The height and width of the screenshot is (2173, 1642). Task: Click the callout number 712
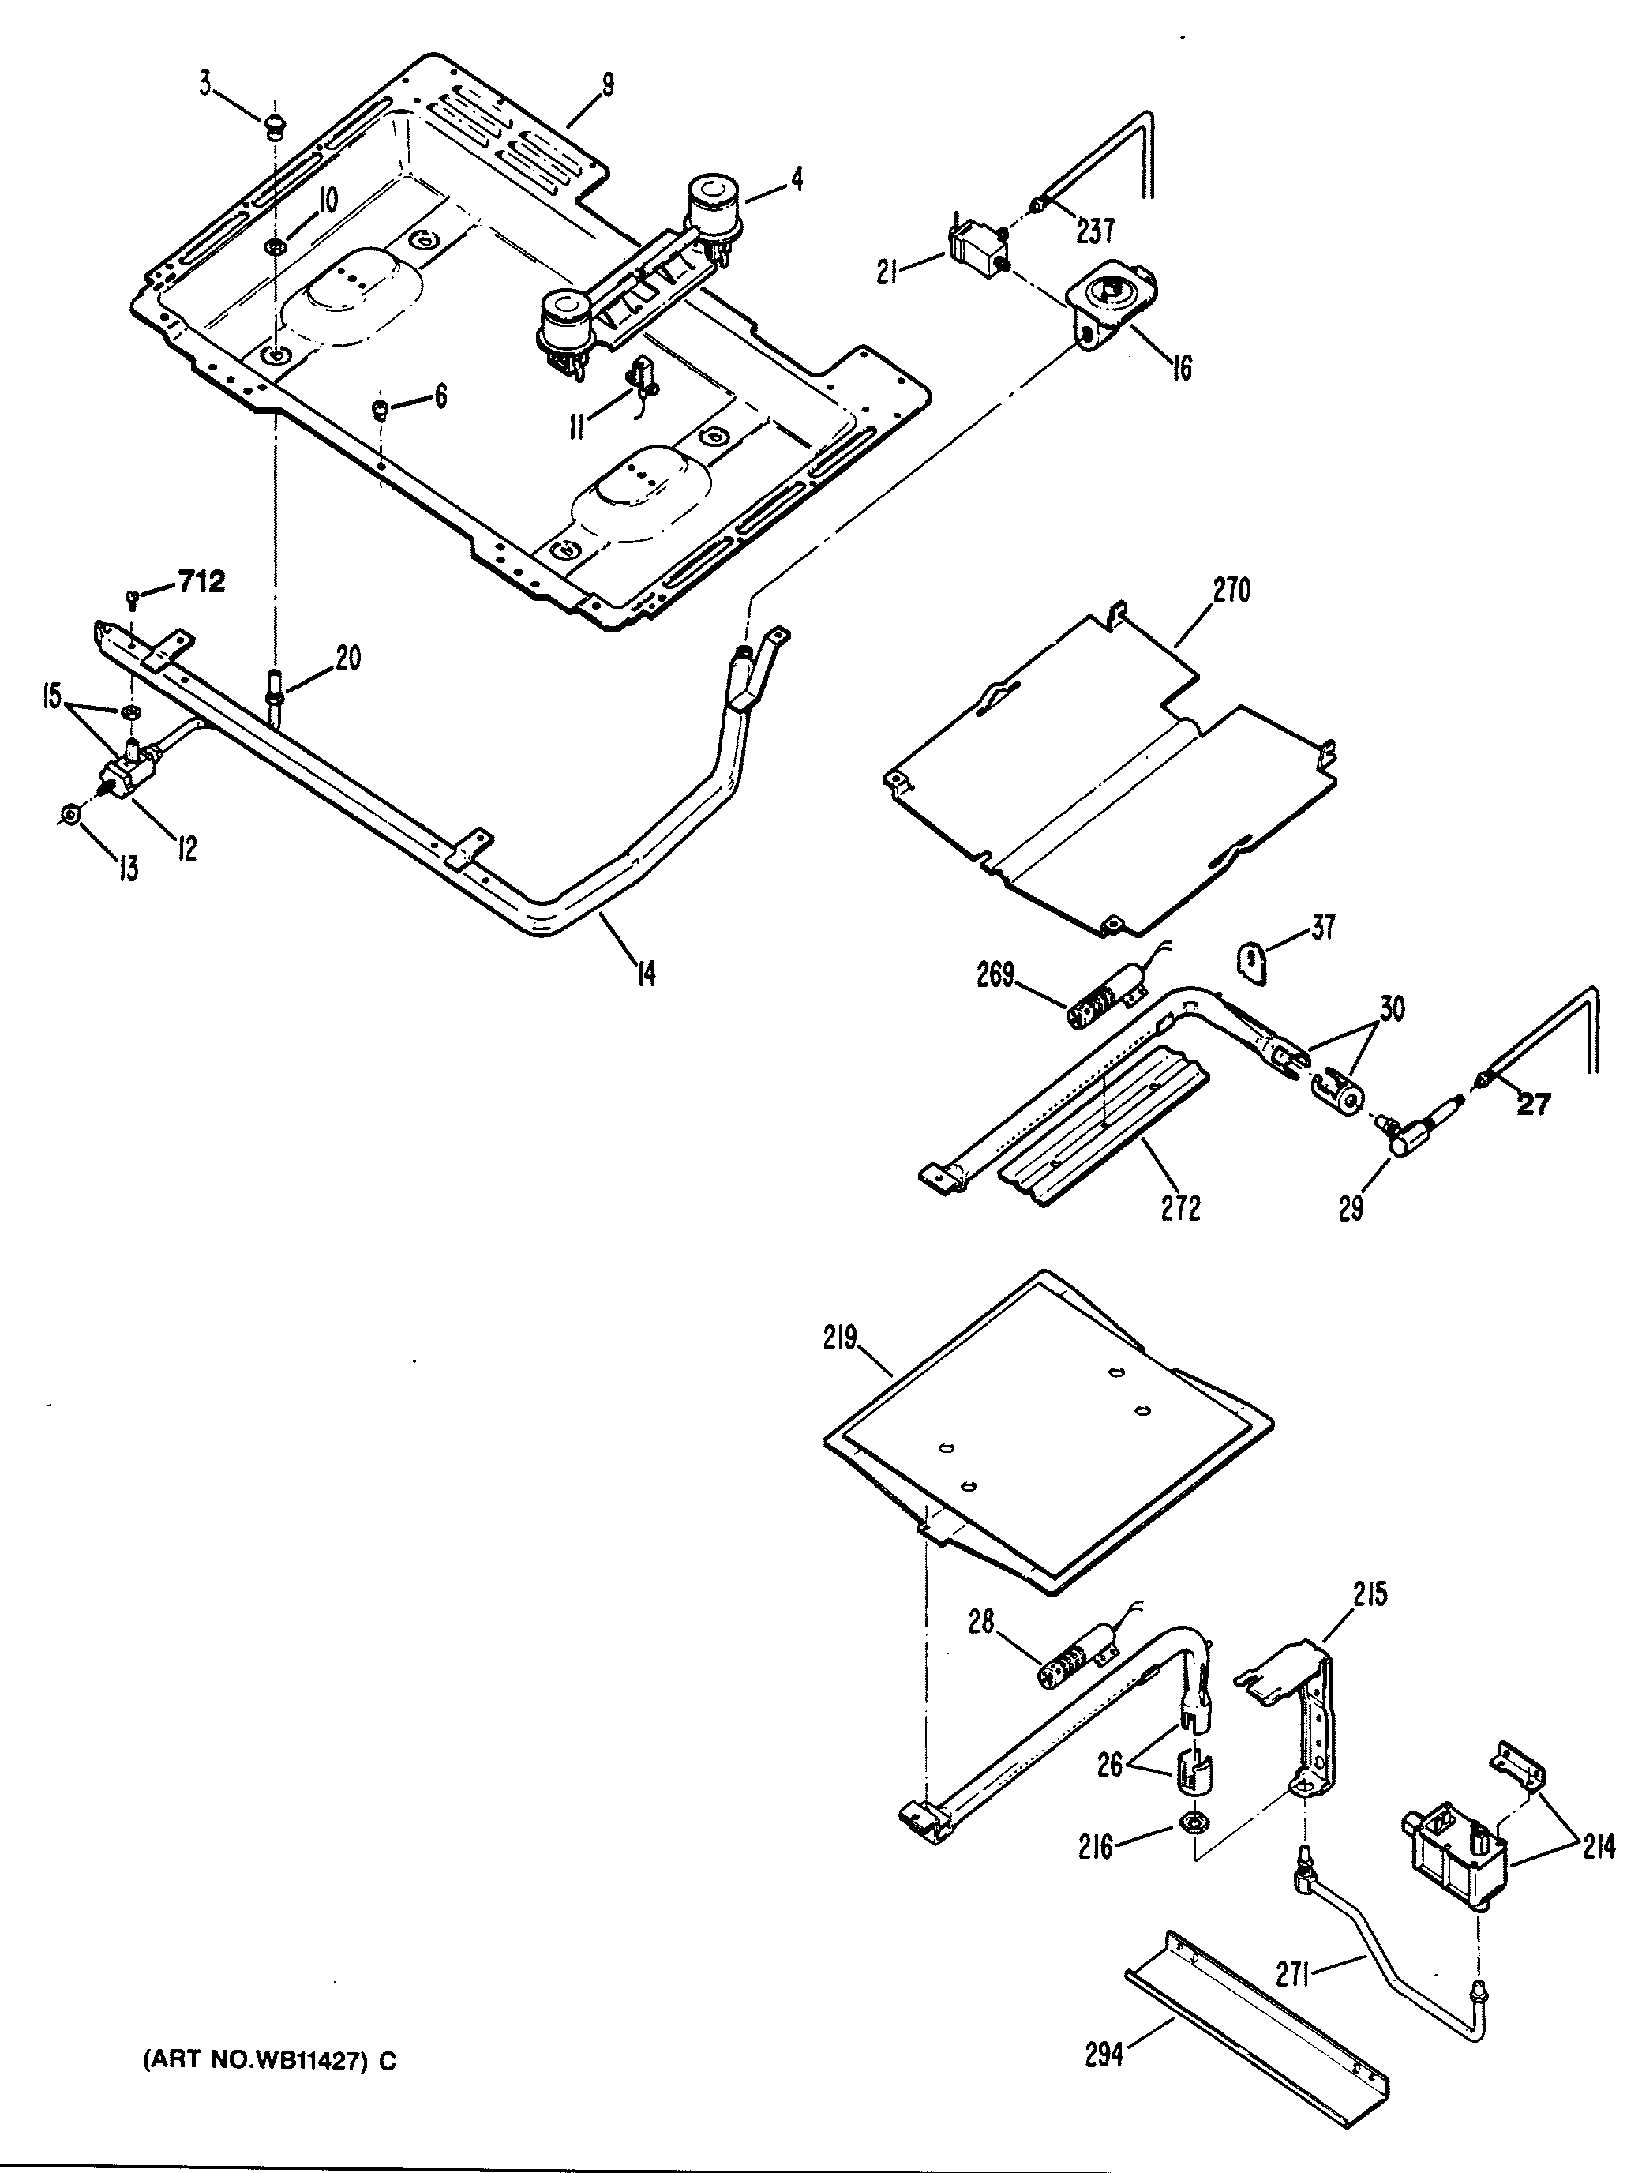pyautogui.click(x=201, y=583)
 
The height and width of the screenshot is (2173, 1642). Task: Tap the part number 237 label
pyautogui.click(x=1095, y=232)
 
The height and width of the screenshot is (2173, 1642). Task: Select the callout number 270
pyautogui.click(x=1231, y=591)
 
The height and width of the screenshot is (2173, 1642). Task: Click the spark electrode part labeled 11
pyautogui.click(x=643, y=378)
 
